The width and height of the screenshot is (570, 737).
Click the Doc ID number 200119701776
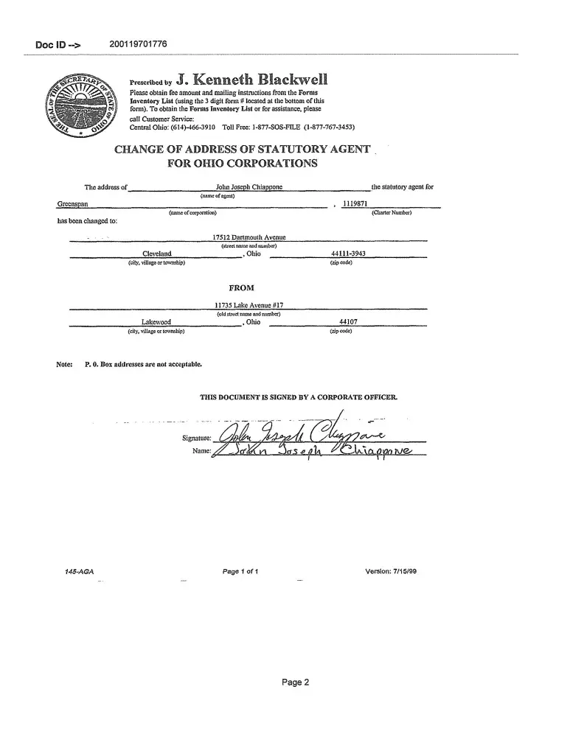pos(138,44)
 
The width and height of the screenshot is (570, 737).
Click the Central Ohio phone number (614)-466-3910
pos(168,127)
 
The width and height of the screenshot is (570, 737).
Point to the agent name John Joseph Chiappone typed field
pos(248,187)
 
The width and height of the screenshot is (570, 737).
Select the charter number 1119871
pos(357,203)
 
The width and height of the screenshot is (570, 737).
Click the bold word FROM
pos(242,288)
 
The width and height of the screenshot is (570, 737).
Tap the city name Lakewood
pos(156,322)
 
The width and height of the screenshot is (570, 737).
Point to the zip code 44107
pos(348,322)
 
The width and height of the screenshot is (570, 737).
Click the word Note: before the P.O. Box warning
pos(64,364)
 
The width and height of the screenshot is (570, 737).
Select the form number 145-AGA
pos(80,571)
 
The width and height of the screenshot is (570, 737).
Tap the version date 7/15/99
pos(405,571)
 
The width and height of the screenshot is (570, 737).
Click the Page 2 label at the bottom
pos(295,682)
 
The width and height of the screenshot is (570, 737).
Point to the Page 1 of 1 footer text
pos(240,571)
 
